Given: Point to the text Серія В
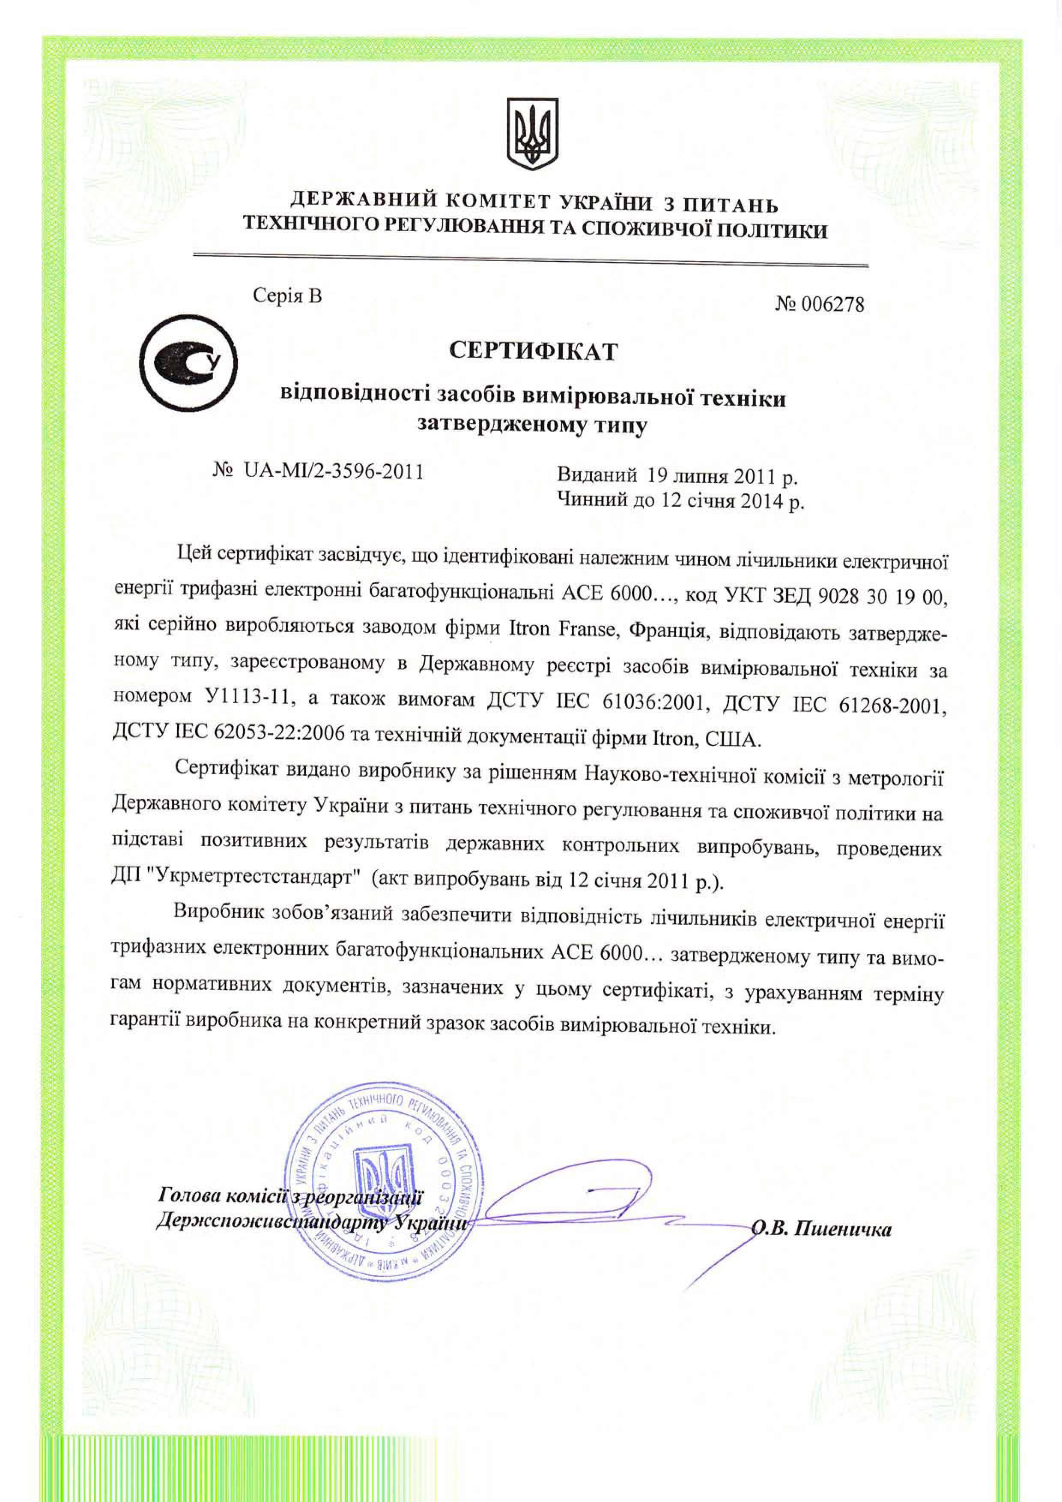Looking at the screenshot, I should (288, 296).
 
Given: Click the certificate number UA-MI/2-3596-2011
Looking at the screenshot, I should (334, 471).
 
